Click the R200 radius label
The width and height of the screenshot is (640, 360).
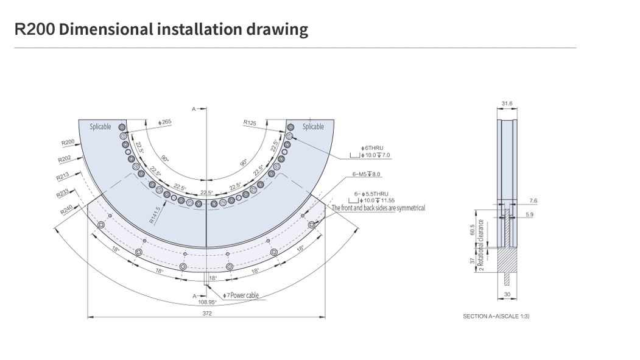(68, 143)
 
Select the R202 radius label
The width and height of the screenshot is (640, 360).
(65, 159)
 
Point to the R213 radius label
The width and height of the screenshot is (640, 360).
(63, 177)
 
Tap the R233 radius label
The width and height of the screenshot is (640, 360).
(63, 193)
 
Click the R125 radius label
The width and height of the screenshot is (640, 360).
(250, 122)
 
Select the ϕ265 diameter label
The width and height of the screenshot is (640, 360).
(164, 122)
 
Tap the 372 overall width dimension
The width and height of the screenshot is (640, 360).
(207, 313)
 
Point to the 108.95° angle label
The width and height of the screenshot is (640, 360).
(207, 302)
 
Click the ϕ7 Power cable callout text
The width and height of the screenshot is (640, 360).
(241, 295)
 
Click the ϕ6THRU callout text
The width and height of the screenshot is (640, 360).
(372, 148)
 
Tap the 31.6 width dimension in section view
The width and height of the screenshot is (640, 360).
(507, 104)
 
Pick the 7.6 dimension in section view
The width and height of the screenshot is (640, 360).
(533, 200)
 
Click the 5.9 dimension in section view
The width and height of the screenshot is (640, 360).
(529, 215)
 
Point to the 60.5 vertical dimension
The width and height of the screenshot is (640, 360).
(473, 230)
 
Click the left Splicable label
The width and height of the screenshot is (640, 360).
(100, 127)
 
